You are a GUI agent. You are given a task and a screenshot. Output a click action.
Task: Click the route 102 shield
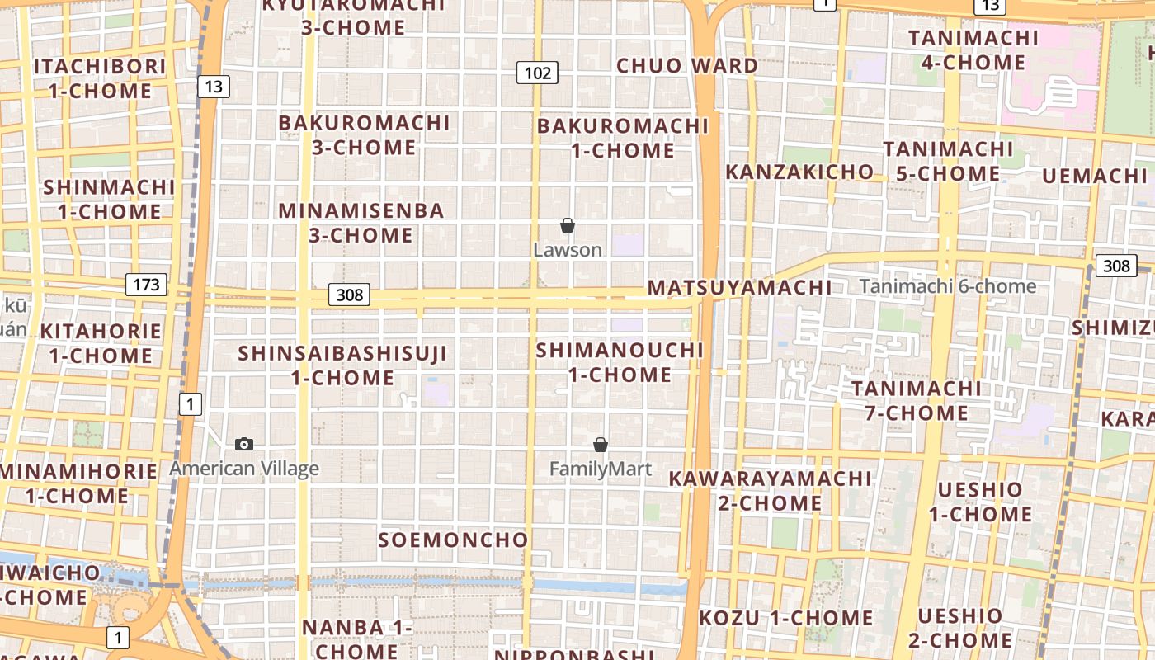(537, 73)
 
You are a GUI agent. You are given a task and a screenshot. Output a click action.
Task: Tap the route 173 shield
(146, 285)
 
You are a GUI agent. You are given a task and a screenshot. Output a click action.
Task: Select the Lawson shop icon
(568, 225)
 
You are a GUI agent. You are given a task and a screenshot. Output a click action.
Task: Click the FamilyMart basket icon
(601, 445)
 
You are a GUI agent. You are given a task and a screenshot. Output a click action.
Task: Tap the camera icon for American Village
(244, 445)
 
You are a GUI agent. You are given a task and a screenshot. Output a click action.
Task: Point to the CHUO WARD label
(687, 66)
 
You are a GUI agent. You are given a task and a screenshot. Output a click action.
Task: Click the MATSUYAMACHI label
(739, 288)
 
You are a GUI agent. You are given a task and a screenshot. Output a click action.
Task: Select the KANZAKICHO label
(799, 172)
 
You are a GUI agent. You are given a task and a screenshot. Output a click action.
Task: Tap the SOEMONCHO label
(453, 540)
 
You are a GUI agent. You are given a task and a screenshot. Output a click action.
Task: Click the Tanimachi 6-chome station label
(948, 286)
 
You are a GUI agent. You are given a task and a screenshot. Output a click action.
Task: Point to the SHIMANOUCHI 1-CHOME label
(620, 362)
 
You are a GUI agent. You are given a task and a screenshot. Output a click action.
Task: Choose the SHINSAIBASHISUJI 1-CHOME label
(342, 365)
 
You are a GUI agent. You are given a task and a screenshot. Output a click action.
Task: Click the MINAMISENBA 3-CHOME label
(361, 223)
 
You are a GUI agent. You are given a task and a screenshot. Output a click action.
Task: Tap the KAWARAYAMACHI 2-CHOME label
(770, 490)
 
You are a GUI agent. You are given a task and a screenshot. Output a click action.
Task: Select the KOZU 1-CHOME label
(785, 618)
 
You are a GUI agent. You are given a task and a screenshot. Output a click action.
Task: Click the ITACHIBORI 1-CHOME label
(100, 78)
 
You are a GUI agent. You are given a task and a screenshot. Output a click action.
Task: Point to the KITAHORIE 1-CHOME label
(101, 343)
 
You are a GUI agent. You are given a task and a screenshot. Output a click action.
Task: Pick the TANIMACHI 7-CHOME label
(917, 400)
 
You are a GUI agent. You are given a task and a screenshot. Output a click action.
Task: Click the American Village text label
(244, 469)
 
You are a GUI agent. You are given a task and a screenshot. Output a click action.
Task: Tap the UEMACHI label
(1094, 176)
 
